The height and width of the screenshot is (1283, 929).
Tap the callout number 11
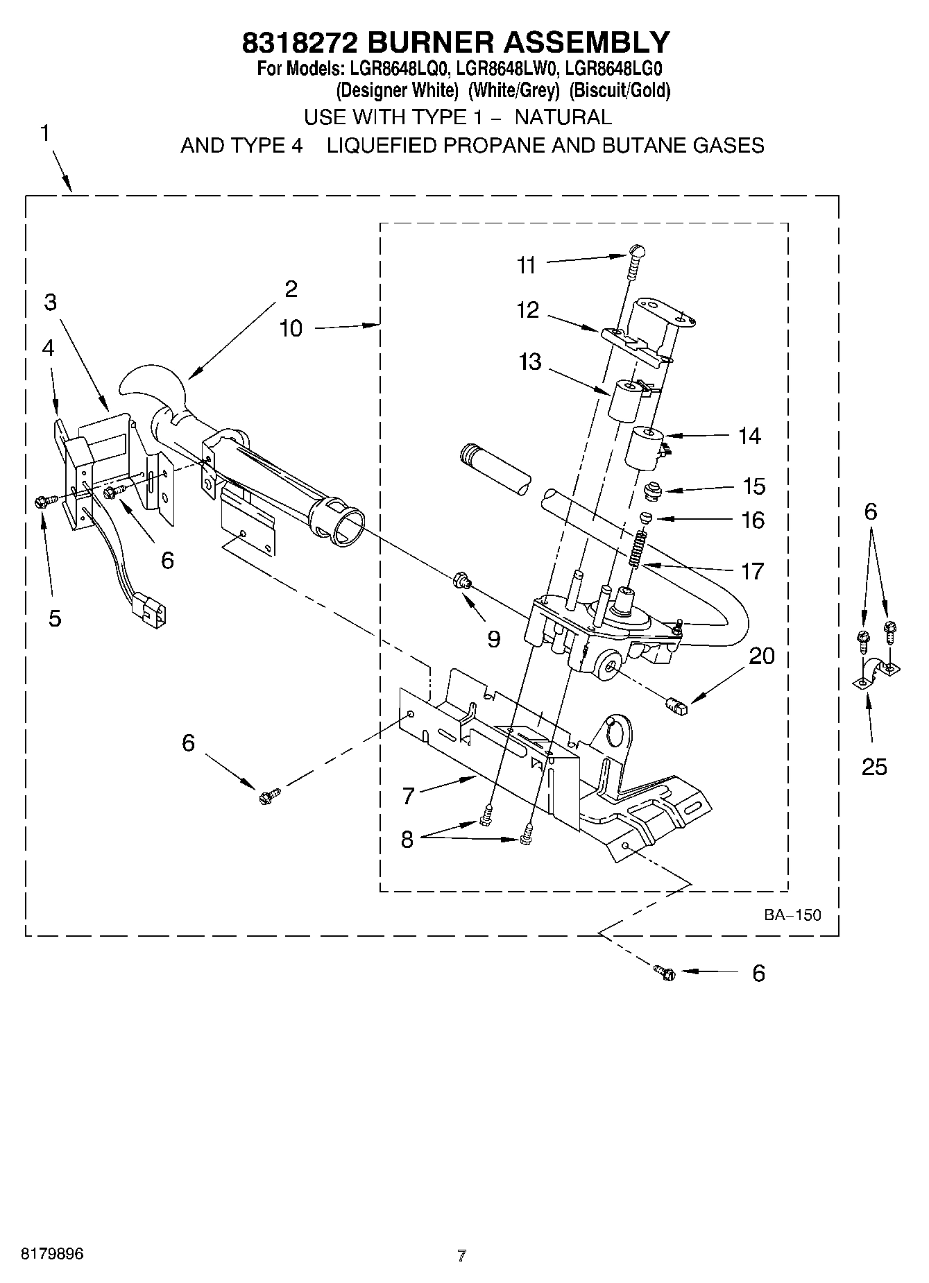point(527,265)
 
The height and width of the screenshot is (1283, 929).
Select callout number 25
point(874,767)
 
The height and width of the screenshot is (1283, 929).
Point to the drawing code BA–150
point(792,915)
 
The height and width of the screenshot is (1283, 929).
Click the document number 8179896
point(52,1254)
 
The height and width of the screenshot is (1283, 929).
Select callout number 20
point(762,656)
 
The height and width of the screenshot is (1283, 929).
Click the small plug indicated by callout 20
point(676,706)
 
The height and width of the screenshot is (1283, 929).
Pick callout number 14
point(749,436)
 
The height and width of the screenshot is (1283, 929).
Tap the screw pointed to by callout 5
point(40,500)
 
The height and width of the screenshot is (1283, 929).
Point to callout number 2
point(291,289)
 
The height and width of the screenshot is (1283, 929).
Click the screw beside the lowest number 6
point(663,973)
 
